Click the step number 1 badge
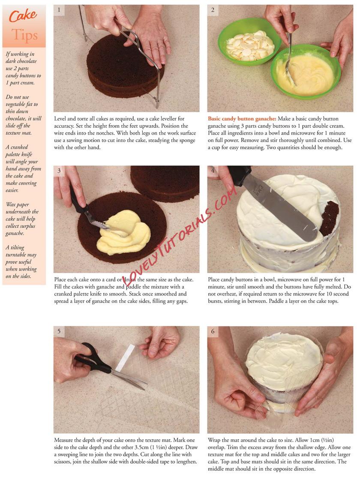pyautogui.click(x=59, y=10)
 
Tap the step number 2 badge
pyautogui.click(x=213, y=10)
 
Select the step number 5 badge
pyautogui.click(x=59, y=331)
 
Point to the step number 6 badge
pyautogui.click(x=213, y=331)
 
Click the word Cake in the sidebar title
pyautogui.click(x=23, y=16)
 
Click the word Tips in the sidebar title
pyautogui.click(x=24, y=35)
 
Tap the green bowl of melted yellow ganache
pyautogui.click(x=306, y=72)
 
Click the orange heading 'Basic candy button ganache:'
pyautogui.click(x=242, y=118)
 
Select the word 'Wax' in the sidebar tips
pyautogui.click(x=11, y=205)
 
